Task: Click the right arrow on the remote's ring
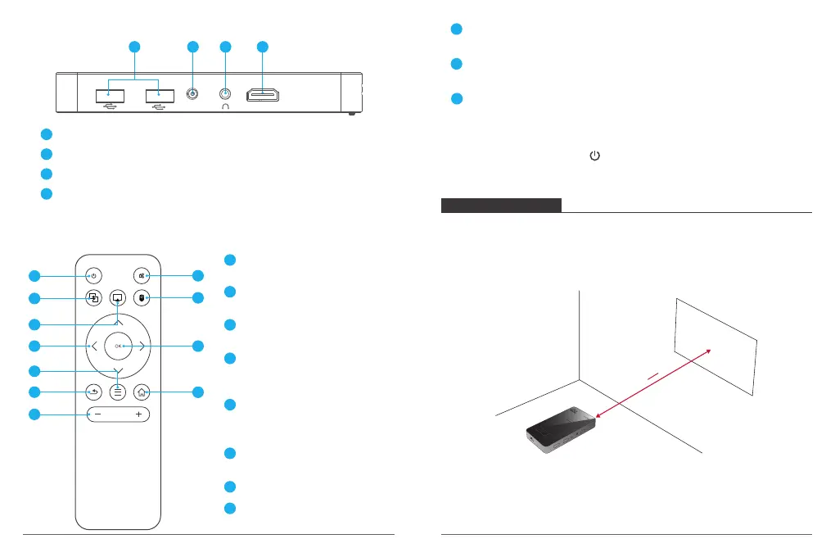(142, 346)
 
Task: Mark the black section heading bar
(501, 205)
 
